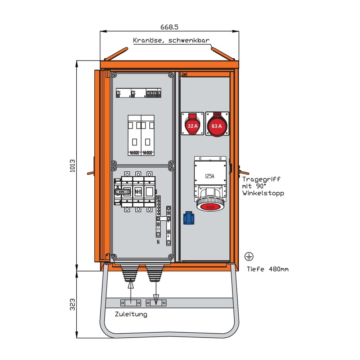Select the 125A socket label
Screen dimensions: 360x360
pyautogui.click(x=210, y=176)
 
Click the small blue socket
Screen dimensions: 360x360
pyautogui.click(x=190, y=217)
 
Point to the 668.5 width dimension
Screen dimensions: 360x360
pyautogui.click(x=170, y=27)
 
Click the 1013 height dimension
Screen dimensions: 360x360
pyautogui.click(x=72, y=166)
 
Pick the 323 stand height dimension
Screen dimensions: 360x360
pyautogui.click(x=72, y=305)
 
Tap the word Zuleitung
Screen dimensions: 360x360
pyautogui.click(x=131, y=314)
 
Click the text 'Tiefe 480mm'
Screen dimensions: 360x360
pyautogui.click(x=267, y=269)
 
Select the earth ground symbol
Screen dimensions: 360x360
pyautogui.click(x=249, y=256)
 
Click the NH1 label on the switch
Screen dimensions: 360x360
pyautogui.click(x=138, y=192)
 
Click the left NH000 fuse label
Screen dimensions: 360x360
pyautogui.click(x=134, y=153)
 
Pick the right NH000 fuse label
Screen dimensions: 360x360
pyautogui.click(x=147, y=153)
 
